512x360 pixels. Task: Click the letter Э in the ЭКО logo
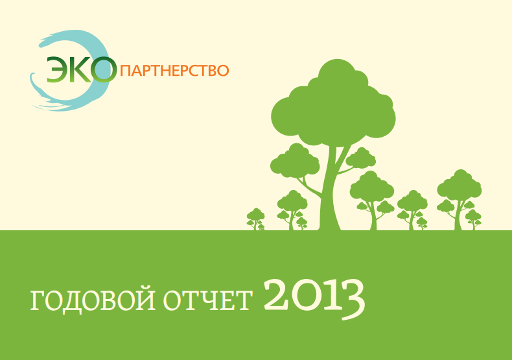pyautogui.click(x=57, y=69)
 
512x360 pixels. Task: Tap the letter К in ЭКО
pyautogui.click(x=80, y=69)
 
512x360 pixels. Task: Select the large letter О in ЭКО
pyautogui.click(x=104, y=69)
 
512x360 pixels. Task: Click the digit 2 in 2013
pyautogui.click(x=275, y=297)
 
